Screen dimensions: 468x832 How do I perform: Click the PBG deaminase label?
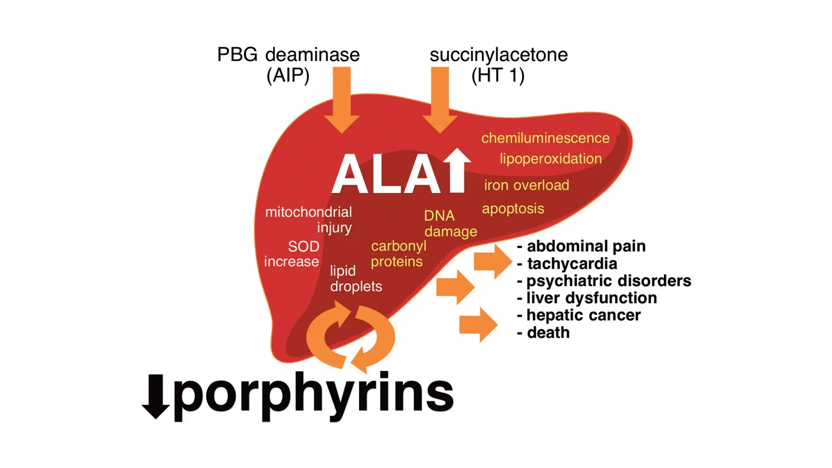(x=288, y=55)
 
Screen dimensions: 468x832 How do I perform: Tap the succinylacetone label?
(x=498, y=55)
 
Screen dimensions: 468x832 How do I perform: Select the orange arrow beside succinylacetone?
(x=440, y=100)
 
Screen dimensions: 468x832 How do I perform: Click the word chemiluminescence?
(x=545, y=138)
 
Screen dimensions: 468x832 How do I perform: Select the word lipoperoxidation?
(x=550, y=159)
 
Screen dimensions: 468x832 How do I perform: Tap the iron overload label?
(x=526, y=185)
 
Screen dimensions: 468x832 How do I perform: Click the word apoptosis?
(x=513, y=209)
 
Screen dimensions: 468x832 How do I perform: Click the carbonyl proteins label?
(x=398, y=253)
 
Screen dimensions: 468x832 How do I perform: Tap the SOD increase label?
(x=292, y=253)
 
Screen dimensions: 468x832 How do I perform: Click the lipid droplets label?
(x=355, y=279)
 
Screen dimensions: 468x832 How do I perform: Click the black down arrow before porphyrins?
(x=156, y=396)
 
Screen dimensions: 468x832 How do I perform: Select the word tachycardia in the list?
(x=572, y=264)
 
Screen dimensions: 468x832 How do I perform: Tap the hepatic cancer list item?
(x=583, y=315)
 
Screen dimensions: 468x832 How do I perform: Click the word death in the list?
(x=548, y=333)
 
